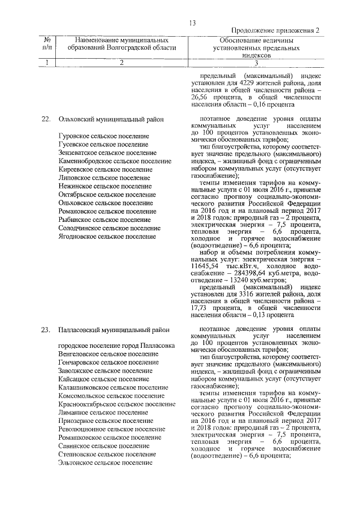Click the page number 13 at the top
coord(192,23)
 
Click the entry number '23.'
coord(47,329)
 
